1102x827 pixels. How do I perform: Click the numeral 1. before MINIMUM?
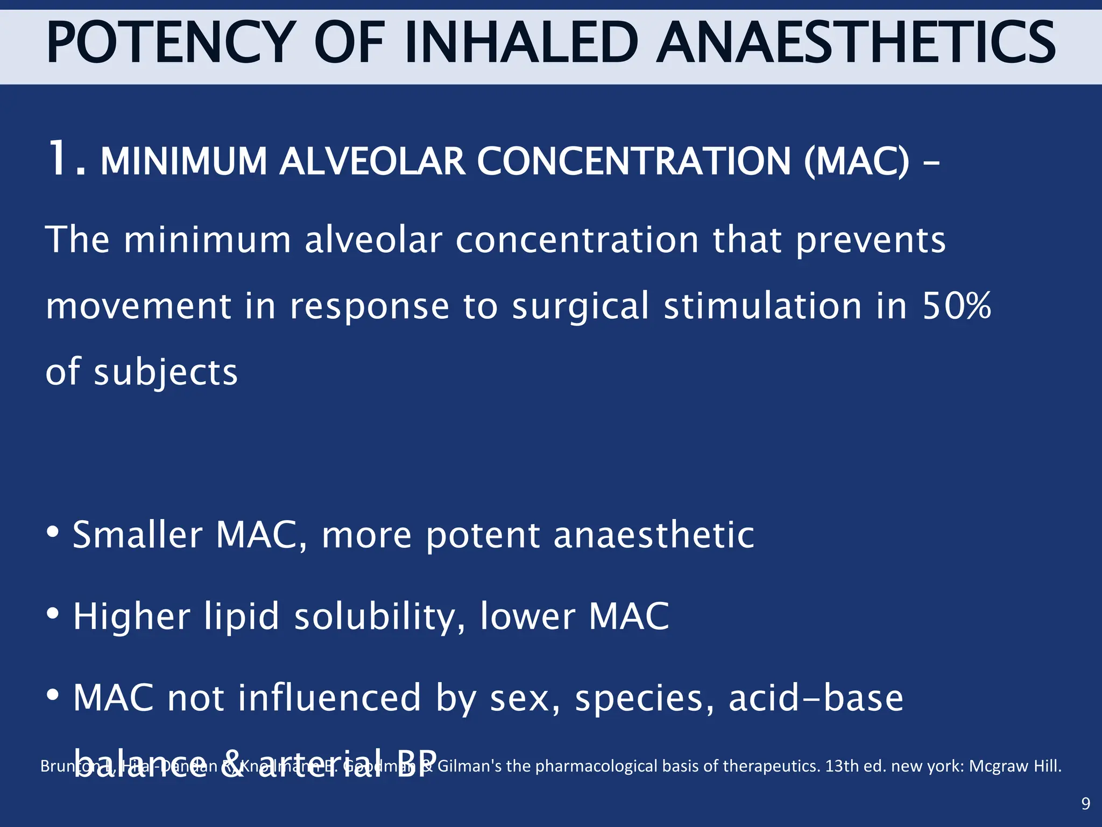click(66, 159)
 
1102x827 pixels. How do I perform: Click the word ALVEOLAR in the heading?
click(372, 162)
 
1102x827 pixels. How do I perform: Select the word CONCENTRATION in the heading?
click(634, 162)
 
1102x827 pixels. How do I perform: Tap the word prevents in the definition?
click(871, 240)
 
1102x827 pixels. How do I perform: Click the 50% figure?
click(957, 306)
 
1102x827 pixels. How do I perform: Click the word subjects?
click(166, 373)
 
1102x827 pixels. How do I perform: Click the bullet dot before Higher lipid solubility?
click(52, 614)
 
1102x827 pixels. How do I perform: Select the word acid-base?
click(816, 698)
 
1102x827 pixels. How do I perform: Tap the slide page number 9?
click(1085, 804)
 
